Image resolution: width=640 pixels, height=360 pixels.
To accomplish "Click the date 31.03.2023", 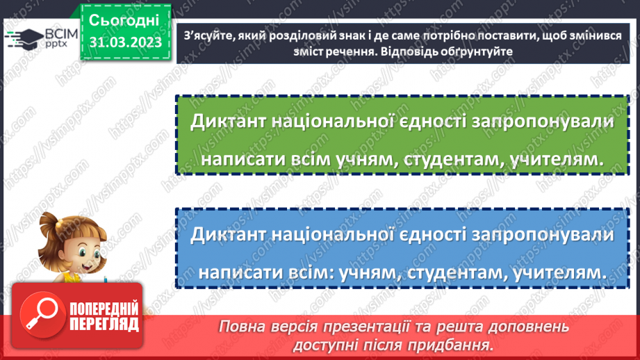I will click(x=125, y=43).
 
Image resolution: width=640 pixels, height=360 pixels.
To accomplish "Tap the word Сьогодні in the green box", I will click(x=124, y=19).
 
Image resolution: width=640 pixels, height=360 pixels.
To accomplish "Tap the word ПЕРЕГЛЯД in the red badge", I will click(x=105, y=324).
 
